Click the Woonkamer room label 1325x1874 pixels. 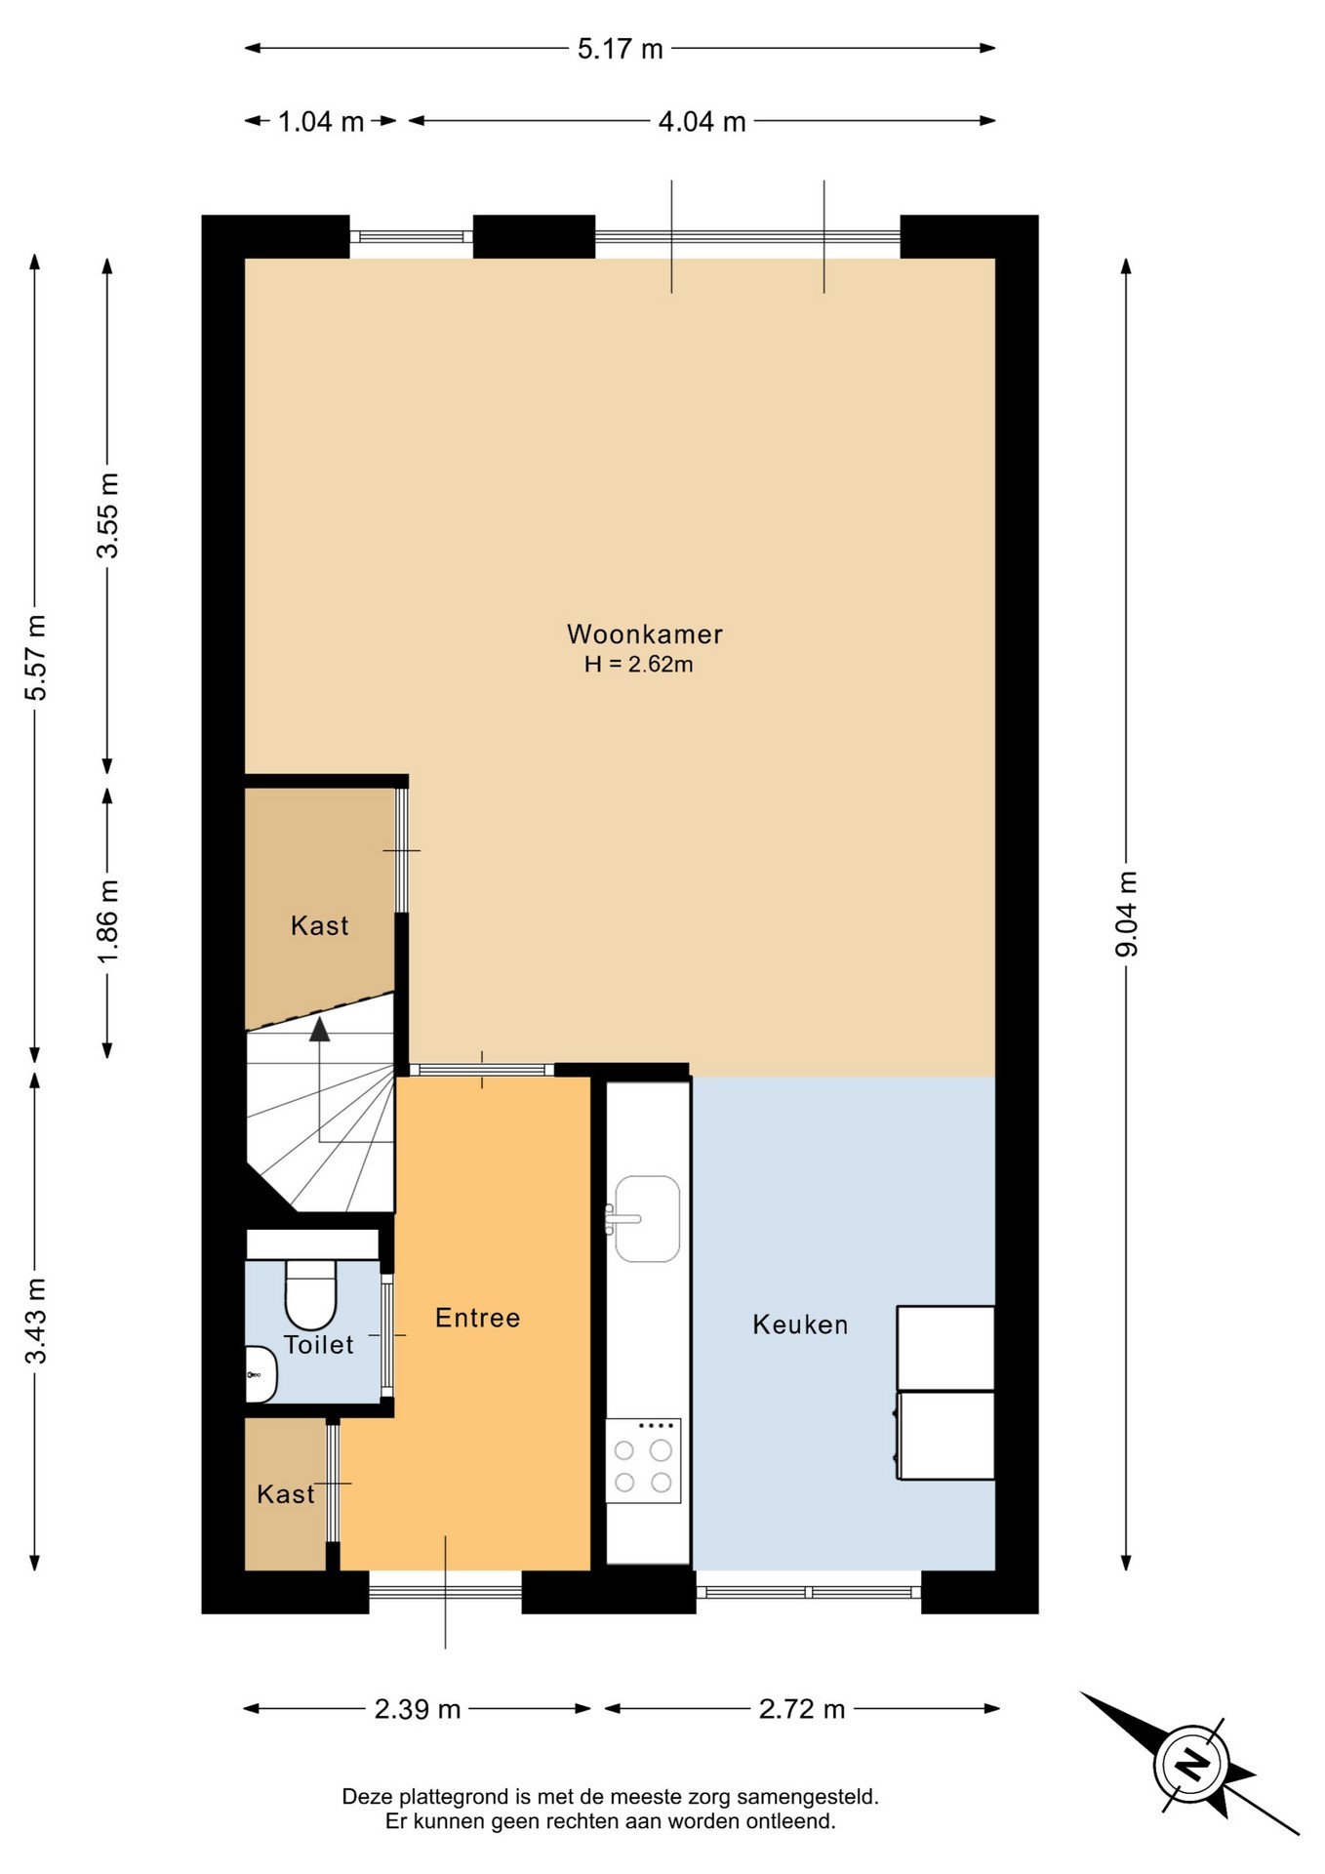click(x=645, y=634)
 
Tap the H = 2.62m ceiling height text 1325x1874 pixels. click(x=639, y=665)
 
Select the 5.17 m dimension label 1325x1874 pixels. click(x=621, y=49)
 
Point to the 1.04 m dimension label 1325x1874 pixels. click(x=321, y=122)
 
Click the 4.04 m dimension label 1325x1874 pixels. click(x=703, y=122)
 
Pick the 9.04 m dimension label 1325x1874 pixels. click(x=1127, y=914)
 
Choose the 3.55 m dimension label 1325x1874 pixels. click(x=107, y=515)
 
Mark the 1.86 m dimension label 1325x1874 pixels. click(x=107, y=921)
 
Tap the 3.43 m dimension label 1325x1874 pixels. click(x=35, y=1321)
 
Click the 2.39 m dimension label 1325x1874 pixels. click(x=418, y=1709)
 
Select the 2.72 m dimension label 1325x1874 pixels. click(x=802, y=1709)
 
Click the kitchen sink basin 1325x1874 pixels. click(x=648, y=1219)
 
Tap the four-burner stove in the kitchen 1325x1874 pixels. click(x=643, y=1461)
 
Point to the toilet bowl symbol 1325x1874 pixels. click(x=310, y=1294)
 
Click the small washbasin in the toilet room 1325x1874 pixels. click(x=261, y=1374)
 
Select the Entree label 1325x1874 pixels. click(x=478, y=1319)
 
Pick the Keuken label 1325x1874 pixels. click(x=801, y=1325)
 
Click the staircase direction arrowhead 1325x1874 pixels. click(x=319, y=1030)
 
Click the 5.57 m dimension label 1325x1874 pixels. click(x=35, y=658)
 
